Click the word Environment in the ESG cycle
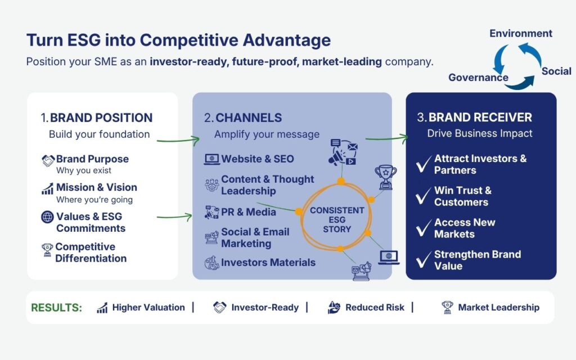click(520, 33)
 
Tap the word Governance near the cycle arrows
click(478, 78)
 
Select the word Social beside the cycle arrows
click(556, 71)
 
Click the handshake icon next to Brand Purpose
click(48, 160)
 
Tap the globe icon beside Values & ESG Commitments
click(47, 217)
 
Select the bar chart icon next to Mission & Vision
click(47, 188)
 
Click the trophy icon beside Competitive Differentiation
click(47, 250)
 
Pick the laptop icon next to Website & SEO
click(211, 159)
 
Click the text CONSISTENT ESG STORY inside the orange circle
click(337, 220)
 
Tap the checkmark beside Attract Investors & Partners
click(424, 164)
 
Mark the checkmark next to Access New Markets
click(424, 228)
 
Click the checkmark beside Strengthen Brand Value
click(424, 260)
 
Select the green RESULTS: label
click(57, 308)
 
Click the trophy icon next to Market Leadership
click(447, 308)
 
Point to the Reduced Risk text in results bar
click(375, 308)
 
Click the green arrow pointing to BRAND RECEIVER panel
click(386, 138)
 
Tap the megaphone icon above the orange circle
click(343, 152)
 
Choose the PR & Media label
click(248, 212)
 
